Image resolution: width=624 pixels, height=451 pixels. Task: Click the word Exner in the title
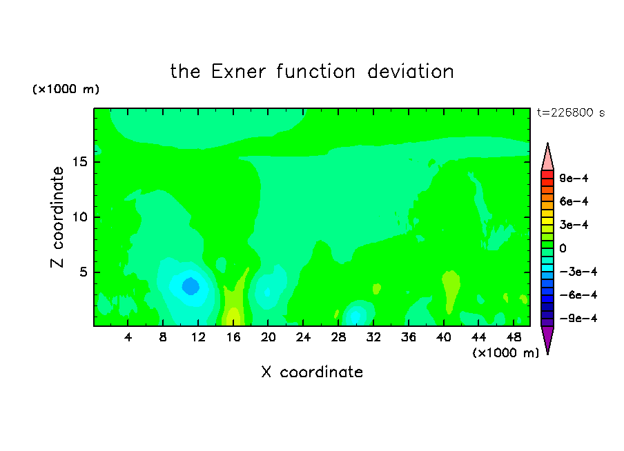[238, 72]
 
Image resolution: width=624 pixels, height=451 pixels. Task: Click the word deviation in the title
[410, 72]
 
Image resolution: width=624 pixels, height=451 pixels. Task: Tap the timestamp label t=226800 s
[571, 112]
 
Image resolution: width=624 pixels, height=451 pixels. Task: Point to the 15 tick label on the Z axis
[81, 162]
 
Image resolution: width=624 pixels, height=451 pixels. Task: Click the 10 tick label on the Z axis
[81, 217]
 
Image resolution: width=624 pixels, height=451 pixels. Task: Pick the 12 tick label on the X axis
[198, 337]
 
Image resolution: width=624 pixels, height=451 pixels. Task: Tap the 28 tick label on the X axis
[338, 337]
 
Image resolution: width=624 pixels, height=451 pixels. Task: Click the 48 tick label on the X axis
[514, 337]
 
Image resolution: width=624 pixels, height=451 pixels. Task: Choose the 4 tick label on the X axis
[128, 337]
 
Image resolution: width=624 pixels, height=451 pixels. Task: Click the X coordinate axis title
[312, 372]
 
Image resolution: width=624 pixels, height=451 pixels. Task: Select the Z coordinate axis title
[57, 217]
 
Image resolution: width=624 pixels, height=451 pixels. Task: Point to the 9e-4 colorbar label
[574, 178]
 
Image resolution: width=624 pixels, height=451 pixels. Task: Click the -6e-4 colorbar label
[578, 295]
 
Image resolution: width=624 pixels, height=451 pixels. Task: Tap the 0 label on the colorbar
[563, 248]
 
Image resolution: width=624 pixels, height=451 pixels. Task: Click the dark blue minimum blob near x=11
[191, 286]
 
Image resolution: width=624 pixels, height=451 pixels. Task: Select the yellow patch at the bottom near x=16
[233, 317]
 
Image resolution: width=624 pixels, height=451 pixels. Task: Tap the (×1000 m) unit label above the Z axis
[66, 89]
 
